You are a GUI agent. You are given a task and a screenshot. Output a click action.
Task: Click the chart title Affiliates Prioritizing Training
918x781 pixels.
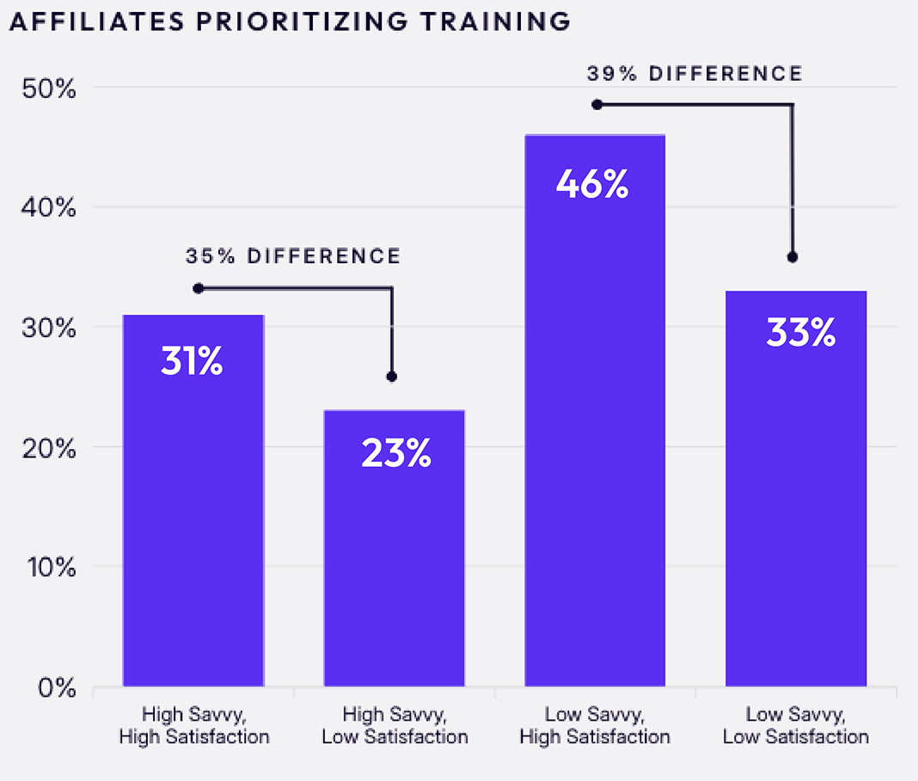point(290,22)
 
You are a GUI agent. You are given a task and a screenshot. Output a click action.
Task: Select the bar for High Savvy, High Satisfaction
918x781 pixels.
point(193,501)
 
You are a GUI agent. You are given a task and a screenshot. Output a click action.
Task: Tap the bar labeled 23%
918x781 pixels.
point(394,548)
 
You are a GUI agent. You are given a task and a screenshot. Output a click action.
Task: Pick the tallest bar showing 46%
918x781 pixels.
point(595,410)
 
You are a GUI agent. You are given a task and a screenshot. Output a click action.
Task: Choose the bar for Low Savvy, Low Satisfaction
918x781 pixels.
point(796,488)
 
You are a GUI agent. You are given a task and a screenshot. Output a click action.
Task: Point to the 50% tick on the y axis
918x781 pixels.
point(49,89)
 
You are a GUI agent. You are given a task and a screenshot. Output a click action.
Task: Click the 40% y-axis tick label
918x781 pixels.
point(49,207)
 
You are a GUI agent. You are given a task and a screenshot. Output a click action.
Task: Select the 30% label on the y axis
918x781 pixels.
point(49,328)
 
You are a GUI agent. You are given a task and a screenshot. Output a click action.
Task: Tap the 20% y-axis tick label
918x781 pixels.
point(49,449)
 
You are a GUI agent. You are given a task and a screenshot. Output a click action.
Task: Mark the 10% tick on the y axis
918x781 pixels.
point(52,567)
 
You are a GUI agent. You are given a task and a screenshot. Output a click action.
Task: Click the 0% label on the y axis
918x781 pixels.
point(57,687)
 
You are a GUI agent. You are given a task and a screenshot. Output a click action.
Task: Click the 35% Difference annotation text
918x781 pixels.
point(293,256)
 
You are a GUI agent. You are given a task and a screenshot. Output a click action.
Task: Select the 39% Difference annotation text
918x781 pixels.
point(695,74)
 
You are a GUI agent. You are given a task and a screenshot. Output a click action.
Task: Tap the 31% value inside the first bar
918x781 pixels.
point(192,360)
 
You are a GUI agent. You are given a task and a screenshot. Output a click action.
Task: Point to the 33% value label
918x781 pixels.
point(801,333)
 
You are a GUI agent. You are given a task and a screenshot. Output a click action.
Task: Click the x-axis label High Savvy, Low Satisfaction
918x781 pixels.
point(395,725)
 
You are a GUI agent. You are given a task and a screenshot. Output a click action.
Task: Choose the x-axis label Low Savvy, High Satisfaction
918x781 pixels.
point(595,725)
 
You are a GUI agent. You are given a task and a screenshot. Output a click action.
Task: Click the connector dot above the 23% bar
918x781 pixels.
point(392,377)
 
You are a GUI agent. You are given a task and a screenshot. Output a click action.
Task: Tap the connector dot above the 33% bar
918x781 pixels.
point(793,257)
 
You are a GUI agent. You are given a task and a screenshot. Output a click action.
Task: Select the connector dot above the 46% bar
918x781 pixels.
point(597,105)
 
